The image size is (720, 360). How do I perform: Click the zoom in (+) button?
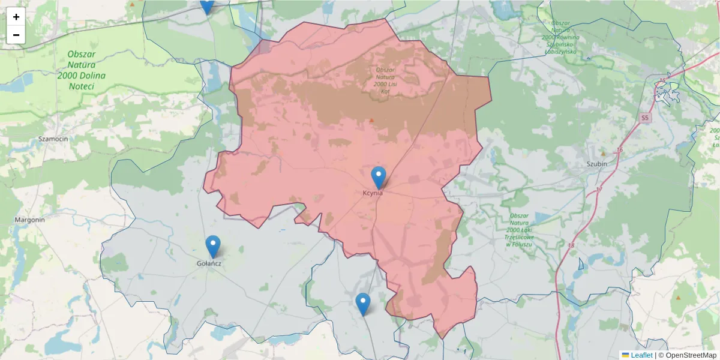[16, 17]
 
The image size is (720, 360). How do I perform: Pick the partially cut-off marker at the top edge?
[206, 5]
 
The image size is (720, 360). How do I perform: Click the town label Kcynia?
[373, 193]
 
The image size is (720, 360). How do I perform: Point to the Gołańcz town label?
[209, 263]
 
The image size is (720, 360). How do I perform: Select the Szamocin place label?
[53, 139]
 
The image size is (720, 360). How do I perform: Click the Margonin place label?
[30, 220]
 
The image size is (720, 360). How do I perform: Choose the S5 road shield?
[644, 118]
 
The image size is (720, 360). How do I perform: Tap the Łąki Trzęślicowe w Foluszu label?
[519, 230]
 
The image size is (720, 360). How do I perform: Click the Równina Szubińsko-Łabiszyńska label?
[559, 37]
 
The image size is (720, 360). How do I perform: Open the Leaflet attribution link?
[641, 355]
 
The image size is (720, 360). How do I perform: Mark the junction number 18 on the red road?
[570, 245]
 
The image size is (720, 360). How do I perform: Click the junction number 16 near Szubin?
[620, 149]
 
